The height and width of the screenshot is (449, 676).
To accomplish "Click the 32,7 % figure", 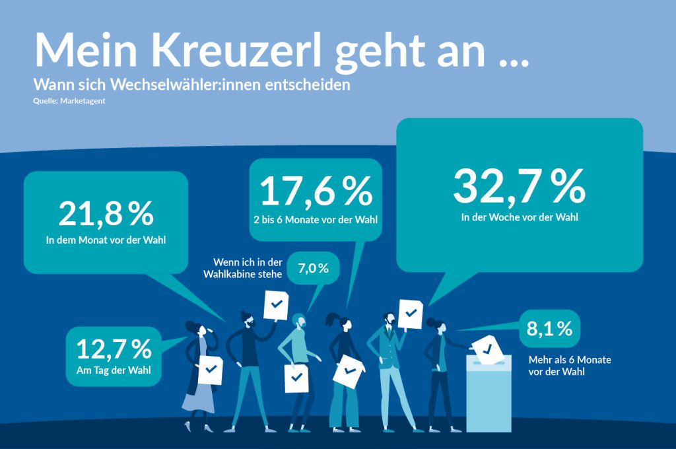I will (519, 186).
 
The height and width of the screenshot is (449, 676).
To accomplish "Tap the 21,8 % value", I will (106, 213).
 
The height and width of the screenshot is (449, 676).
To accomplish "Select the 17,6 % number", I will (316, 190).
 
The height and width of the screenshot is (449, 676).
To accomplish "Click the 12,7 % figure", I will (114, 348).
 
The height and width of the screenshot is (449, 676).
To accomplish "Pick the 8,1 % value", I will (549, 328).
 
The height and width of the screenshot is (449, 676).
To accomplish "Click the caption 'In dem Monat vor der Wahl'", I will (106, 240).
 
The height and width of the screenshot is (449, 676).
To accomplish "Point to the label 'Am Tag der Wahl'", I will (114, 370).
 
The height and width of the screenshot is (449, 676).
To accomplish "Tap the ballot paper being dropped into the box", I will (487, 348).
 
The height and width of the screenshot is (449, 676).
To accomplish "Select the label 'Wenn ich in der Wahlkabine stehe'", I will (248, 267).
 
